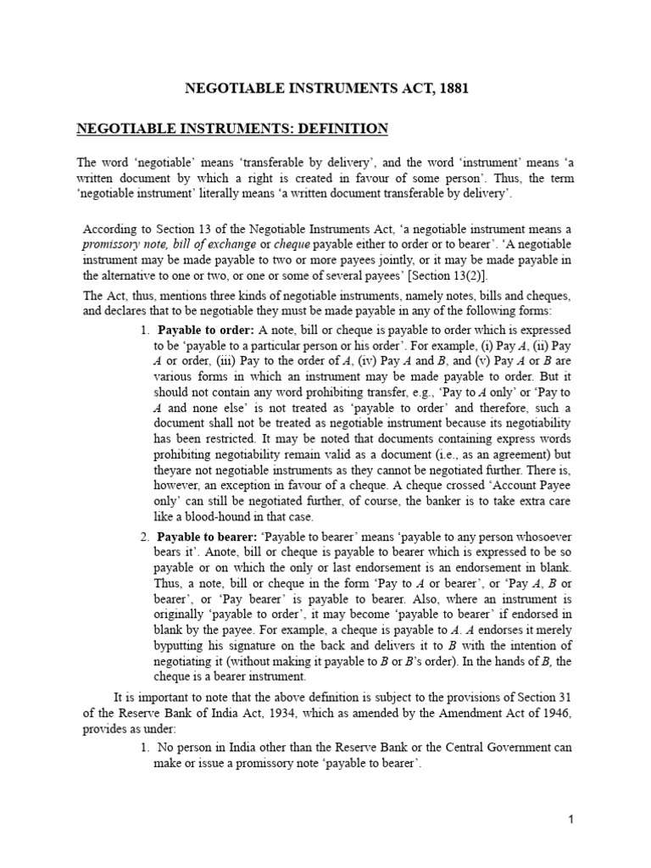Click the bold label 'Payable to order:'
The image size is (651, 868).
(x=200, y=329)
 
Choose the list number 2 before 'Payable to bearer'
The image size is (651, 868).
(x=144, y=537)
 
